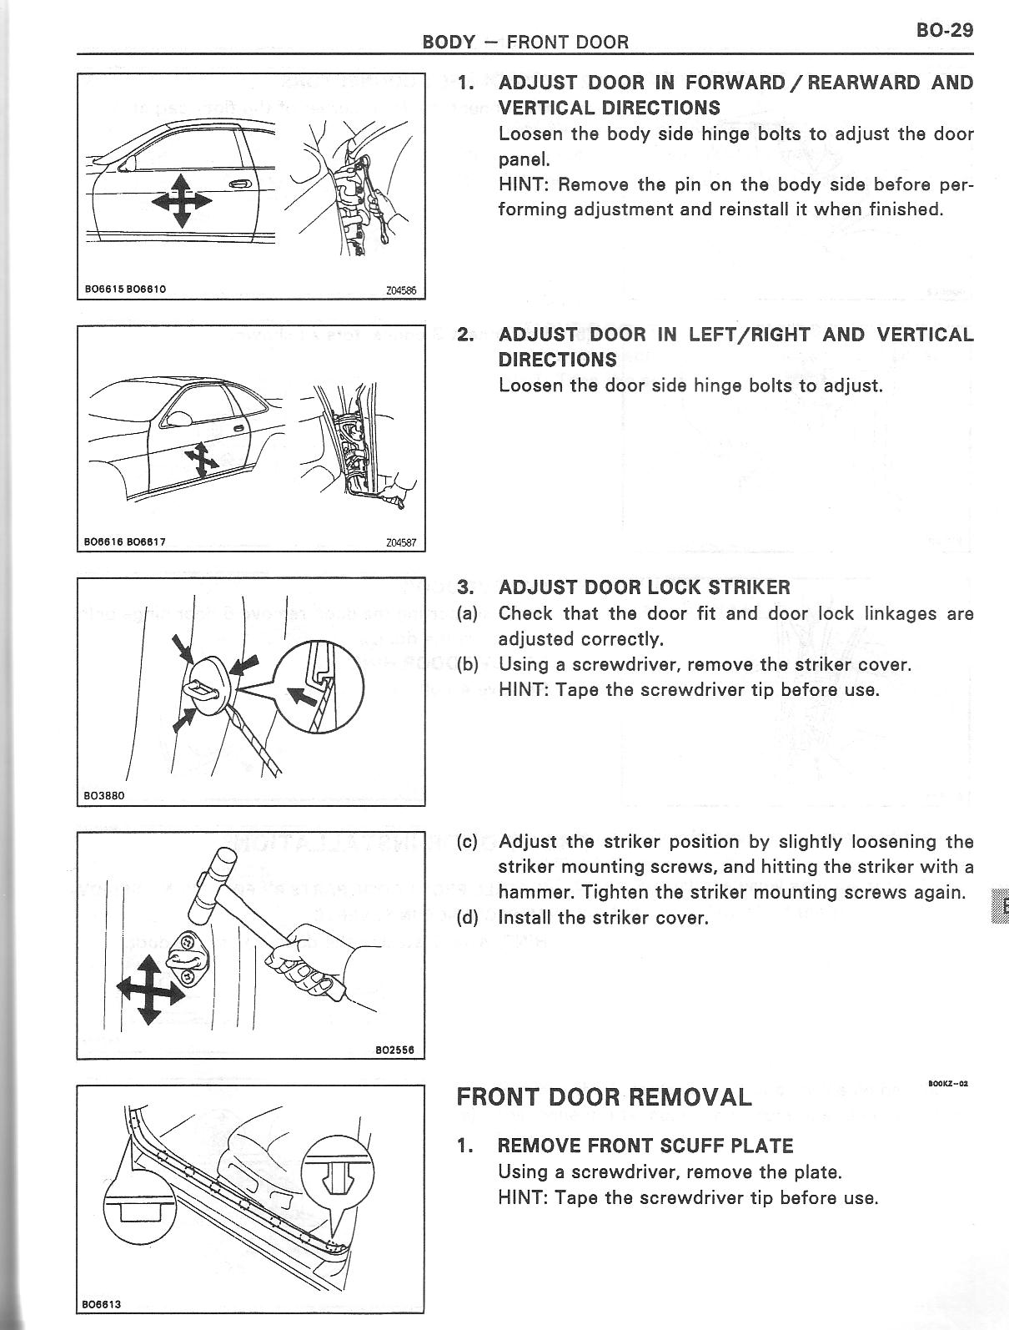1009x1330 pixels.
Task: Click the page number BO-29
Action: pyautogui.click(x=944, y=30)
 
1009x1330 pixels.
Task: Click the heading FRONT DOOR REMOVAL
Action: pyautogui.click(x=604, y=1096)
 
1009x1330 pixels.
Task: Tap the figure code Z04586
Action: pyautogui.click(x=401, y=291)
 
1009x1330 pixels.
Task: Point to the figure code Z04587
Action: pyautogui.click(x=401, y=542)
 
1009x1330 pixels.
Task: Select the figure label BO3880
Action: pyautogui.click(x=104, y=795)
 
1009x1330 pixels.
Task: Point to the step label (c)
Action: pyautogui.click(x=468, y=842)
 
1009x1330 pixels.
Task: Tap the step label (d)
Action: pyautogui.click(x=468, y=919)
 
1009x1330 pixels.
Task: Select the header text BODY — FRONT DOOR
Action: pyautogui.click(x=525, y=41)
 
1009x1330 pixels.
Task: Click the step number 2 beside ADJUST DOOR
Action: pyautogui.click(x=466, y=335)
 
